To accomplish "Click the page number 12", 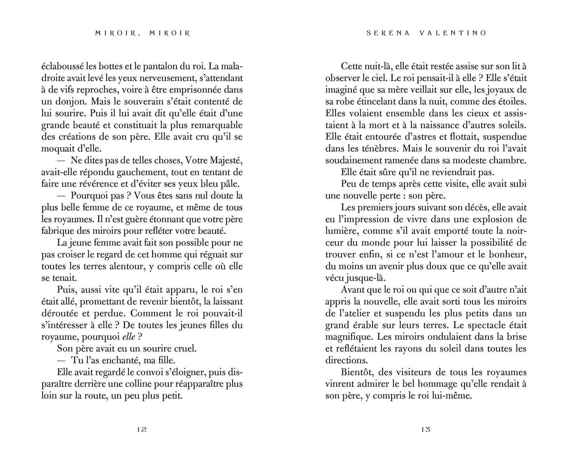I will (142, 430).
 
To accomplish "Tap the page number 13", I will (425, 430).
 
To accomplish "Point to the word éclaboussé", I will (60, 66).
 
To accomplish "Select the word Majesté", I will (225, 160).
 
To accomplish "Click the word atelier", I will (355, 313).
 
